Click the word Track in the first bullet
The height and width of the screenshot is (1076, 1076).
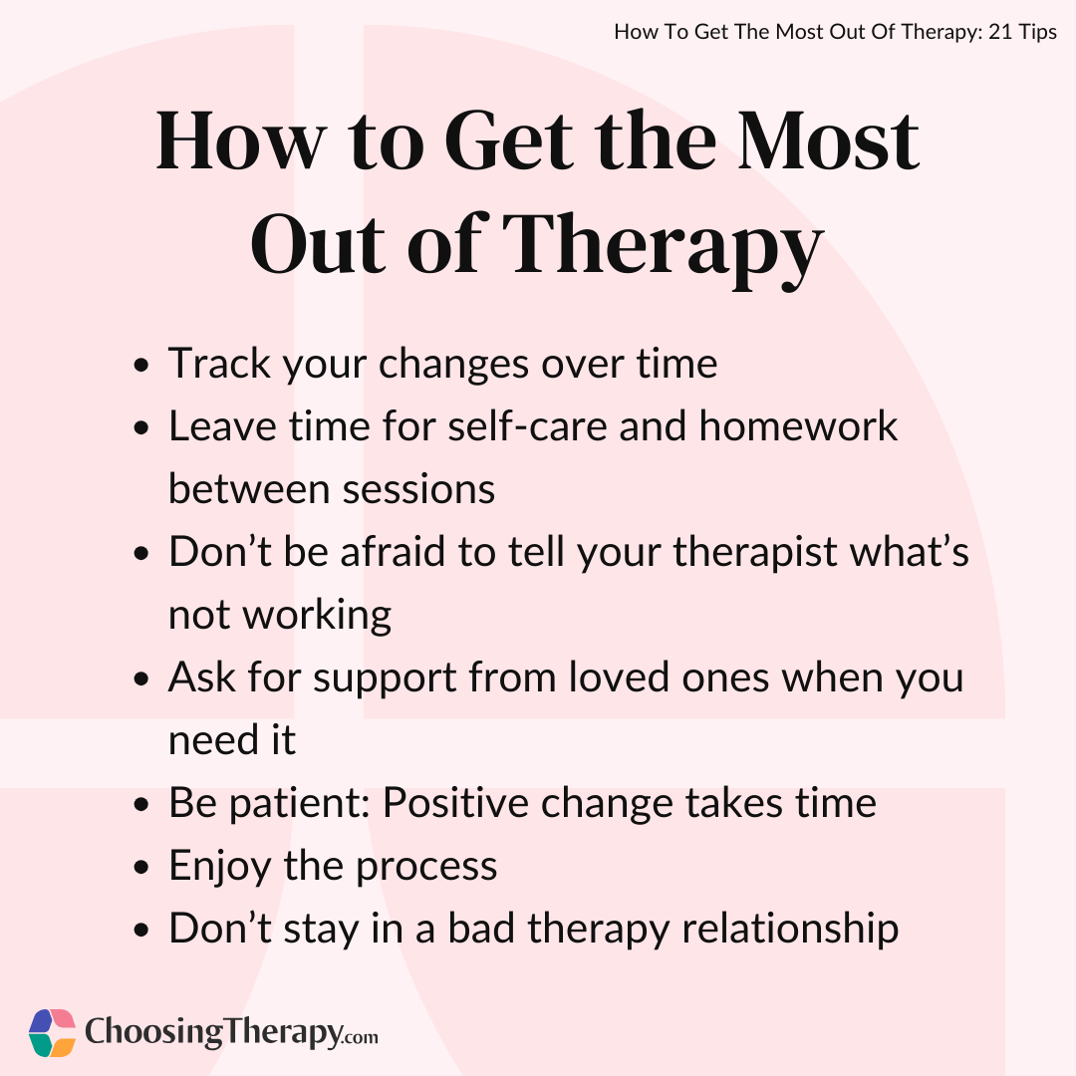pos(219,363)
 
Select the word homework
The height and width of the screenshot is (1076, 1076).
pos(798,425)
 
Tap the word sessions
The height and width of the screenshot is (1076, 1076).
pos(418,489)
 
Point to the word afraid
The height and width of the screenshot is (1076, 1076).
pos(393,551)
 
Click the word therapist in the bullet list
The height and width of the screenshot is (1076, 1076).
pos(755,552)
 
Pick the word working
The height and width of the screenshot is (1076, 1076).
pos(317,616)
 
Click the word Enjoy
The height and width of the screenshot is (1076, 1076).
pos(220,867)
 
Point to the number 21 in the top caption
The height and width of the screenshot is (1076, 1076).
pos(1000,32)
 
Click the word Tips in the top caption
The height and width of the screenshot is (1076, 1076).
pos(1037,32)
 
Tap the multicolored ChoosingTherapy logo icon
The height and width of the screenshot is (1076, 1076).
pos(52,1033)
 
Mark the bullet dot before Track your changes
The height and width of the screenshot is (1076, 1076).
pos(141,365)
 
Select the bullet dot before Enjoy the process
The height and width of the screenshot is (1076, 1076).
pos(141,868)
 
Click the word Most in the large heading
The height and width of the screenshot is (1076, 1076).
pos(828,140)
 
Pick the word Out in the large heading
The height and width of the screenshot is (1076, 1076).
pos(319,245)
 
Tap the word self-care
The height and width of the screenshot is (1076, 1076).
pos(528,425)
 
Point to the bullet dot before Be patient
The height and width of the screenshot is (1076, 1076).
pos(141,804)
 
